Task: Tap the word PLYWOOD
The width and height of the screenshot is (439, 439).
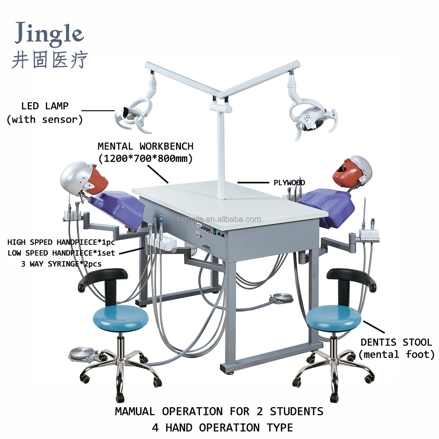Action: pos(289,183)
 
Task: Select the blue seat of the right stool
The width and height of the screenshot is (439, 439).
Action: pos(333,316)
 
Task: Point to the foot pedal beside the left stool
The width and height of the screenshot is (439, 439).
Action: pos(82,354)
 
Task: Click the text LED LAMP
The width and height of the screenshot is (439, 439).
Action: pos(45,106)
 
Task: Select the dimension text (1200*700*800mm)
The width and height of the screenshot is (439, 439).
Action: pos(145,159)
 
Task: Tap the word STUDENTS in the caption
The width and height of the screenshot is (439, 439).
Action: pos(297,411)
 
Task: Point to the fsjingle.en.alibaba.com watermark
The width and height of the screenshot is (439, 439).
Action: pos(219,219)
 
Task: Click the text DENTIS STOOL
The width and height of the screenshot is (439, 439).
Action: pos(396,342)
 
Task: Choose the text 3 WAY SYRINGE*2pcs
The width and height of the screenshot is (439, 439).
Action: pos(61,264)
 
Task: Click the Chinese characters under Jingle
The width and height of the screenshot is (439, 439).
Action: pos(50,60)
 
